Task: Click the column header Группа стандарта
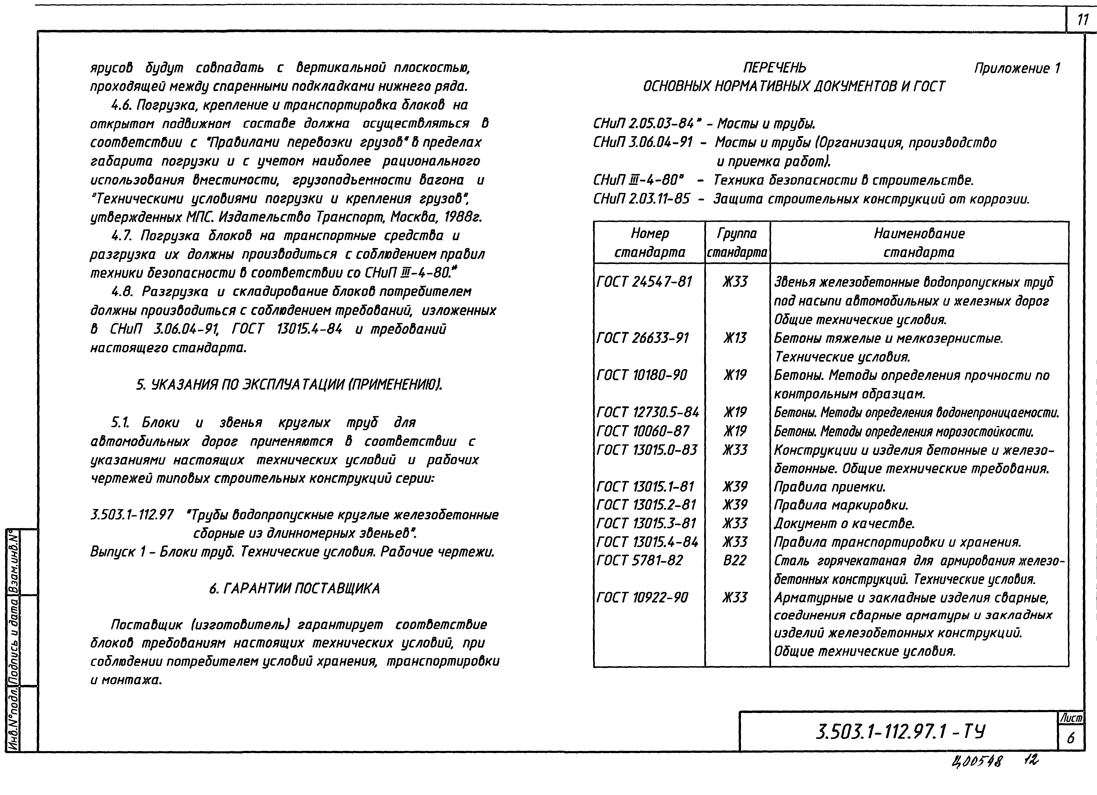pyautogui.click(x=737, y=243)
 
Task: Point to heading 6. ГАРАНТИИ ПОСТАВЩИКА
pyautogui.click(x=294, y=588)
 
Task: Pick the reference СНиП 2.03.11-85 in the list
pyautogui.click(x=641, y=199)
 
